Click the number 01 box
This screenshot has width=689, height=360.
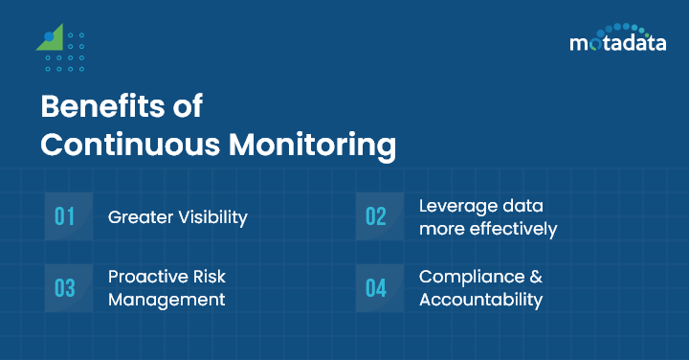click(x=64, y=216)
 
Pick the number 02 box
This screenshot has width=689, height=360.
click(x=375, y=216)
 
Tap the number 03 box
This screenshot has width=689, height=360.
click(x=64, y=288)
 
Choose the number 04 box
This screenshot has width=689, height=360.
click(x=375, y=288)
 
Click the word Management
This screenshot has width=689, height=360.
click(x=167, y=300)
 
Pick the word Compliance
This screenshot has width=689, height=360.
click(x=471, y=277)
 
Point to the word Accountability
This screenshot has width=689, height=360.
click(x=480, y=300)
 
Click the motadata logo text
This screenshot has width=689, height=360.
click(x=618, y=43)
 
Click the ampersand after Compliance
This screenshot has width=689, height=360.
click(x=536, y=277)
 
